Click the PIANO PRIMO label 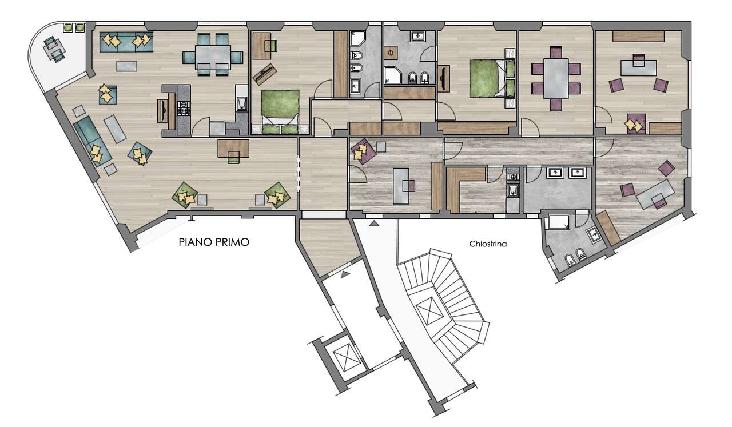(214, 242)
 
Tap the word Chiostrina (488, 244)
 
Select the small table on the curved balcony (54, 50)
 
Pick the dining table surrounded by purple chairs (556, 78)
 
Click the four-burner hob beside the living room (184, 108)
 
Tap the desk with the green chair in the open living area (233, 149)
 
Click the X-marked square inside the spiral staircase (431, 310)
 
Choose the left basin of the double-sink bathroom (555, 173)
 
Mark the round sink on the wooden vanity (390, 53)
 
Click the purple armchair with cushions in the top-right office (636, 123)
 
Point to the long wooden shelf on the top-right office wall (638, 36)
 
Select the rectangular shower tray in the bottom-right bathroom (559, 222)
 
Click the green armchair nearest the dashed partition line (277, 195)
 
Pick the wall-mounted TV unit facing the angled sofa (162, 111)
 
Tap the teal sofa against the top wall (126, 42)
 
